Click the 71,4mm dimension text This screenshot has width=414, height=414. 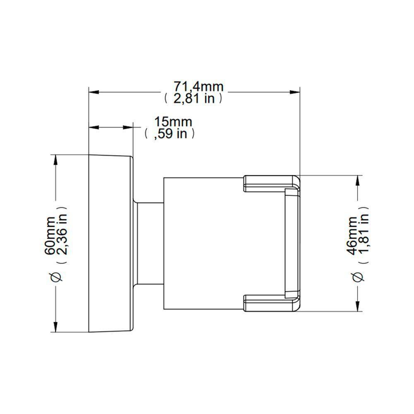pos(198,87)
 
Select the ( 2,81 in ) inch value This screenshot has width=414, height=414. pos(193,99)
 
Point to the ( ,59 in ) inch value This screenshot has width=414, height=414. pos(170,134)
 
